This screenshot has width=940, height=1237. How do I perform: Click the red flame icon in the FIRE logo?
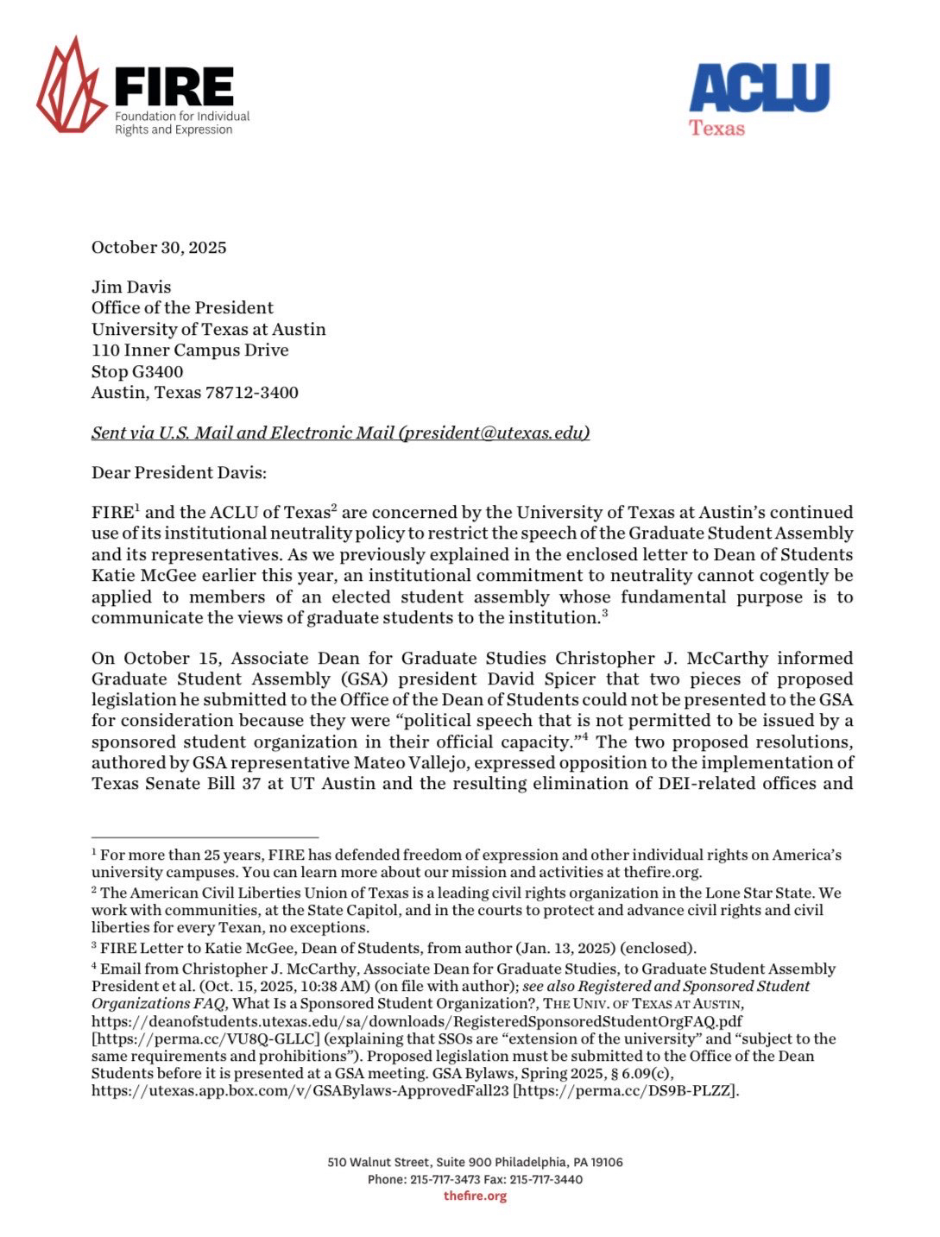71,86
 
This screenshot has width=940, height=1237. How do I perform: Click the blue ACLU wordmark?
759,88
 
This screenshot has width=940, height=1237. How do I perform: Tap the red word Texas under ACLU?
716,128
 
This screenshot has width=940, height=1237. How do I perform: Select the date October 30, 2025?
159,248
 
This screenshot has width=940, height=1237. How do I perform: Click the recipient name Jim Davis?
131,287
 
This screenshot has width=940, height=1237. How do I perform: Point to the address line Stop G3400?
137,372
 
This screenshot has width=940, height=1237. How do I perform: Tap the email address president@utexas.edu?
494,433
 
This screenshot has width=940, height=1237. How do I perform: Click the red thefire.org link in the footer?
475,1196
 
